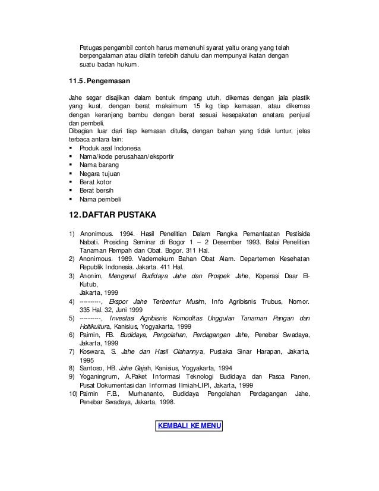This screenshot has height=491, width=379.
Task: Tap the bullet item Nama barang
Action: pos(98,165)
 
